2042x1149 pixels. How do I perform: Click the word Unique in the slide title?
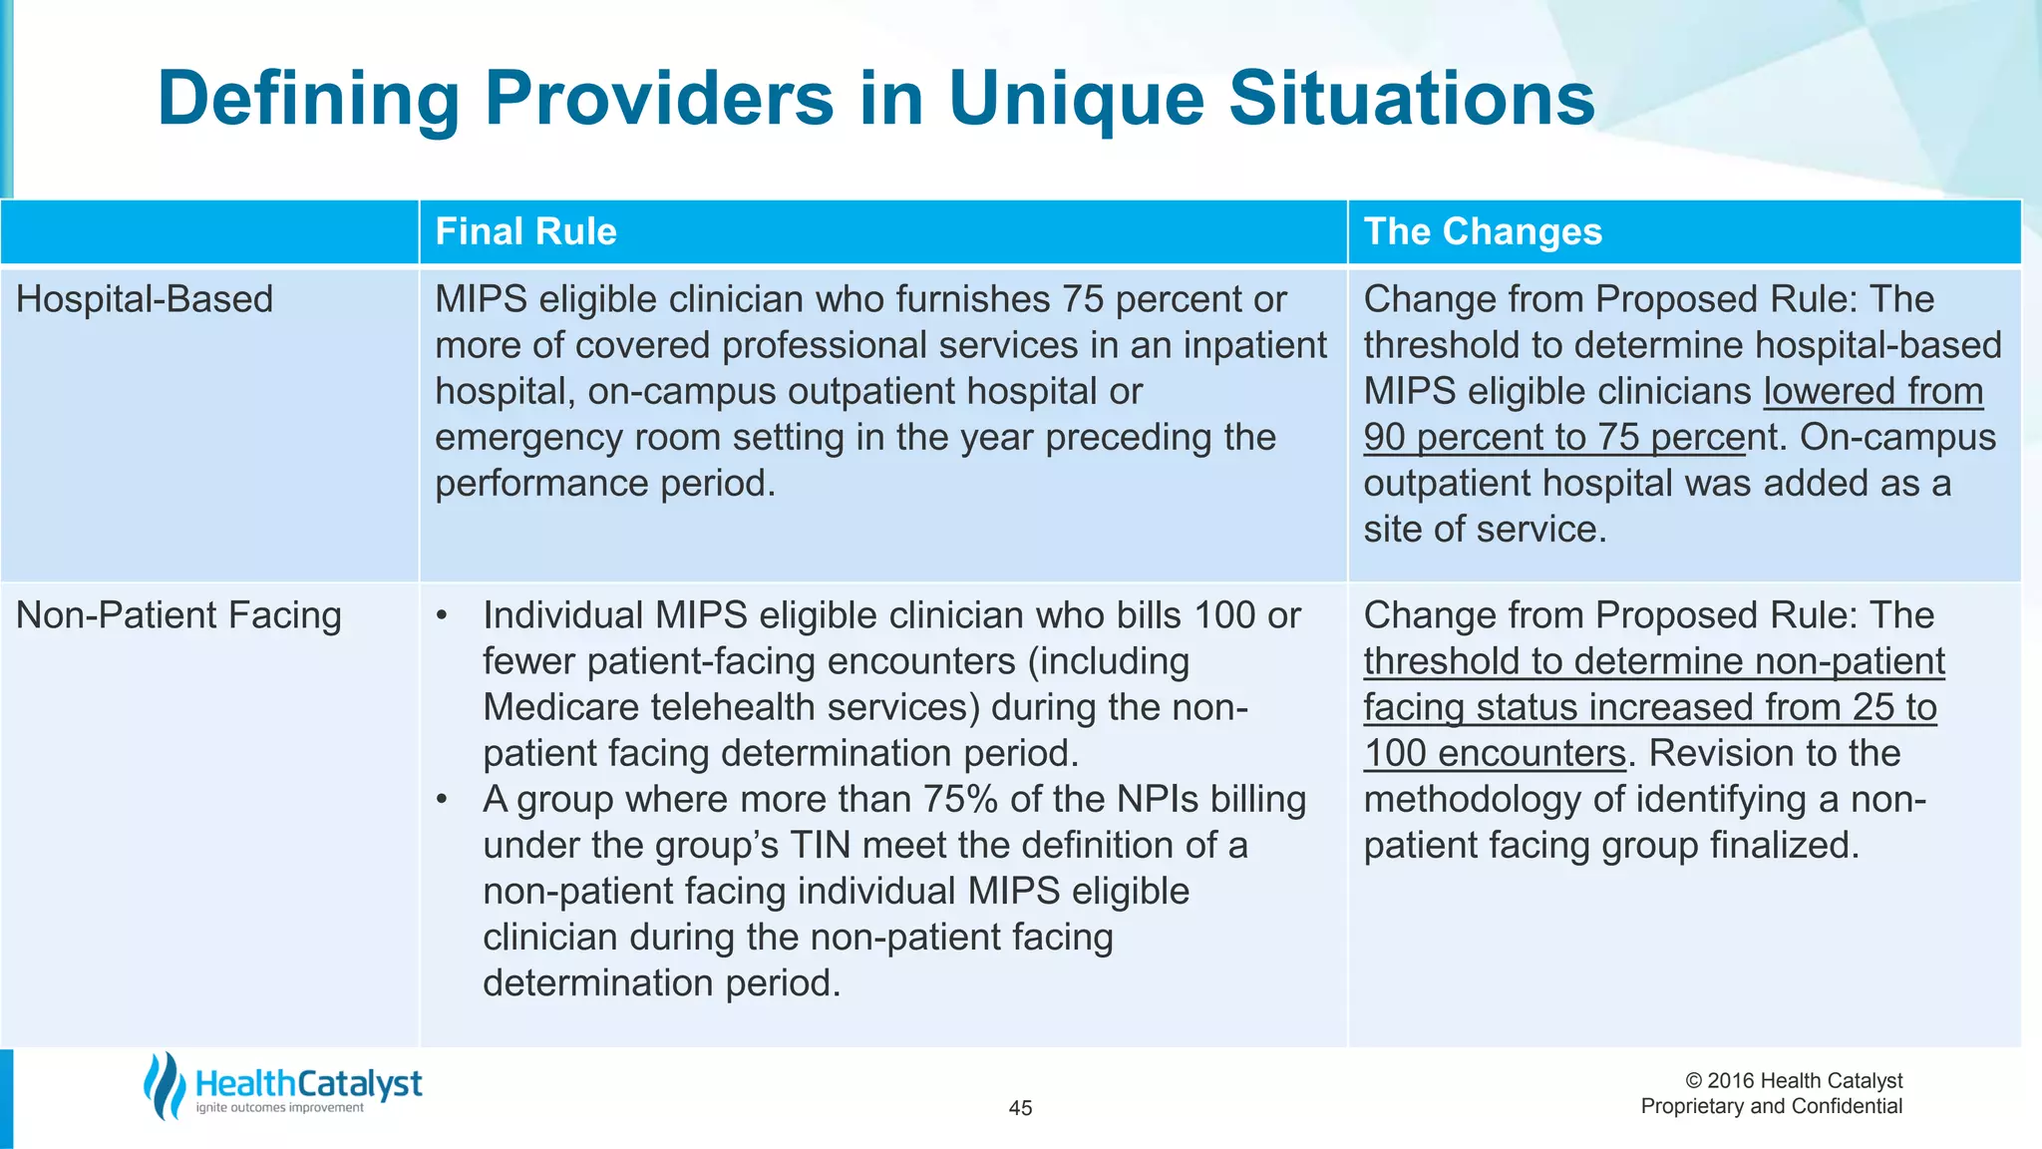pos(1076,100)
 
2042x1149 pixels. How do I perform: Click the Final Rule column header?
pos(525,231)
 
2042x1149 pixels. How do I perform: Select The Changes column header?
pos(1483,231)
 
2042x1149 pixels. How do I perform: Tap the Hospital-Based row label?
pos(145,299)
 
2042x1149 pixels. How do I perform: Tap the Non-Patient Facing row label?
pos(178,615)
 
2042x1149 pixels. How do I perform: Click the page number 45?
pos(1020,1108)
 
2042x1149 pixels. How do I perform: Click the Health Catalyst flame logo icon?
pos(165,1085)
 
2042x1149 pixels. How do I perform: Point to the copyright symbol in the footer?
pos(1693,1081)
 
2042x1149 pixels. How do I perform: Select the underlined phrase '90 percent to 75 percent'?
pos(1555,438)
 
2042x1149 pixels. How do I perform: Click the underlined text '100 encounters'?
pos(1495,754)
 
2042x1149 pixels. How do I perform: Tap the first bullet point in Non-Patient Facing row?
pos(443,616)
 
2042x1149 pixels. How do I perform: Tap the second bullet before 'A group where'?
pos(443,800)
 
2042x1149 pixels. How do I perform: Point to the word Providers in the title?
pos(659,100)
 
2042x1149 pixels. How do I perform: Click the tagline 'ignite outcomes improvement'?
pos(279,1108)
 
